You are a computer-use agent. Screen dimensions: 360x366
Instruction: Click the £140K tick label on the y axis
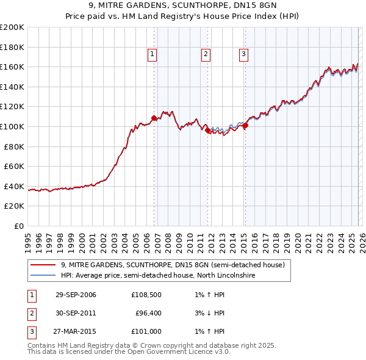point(12,87)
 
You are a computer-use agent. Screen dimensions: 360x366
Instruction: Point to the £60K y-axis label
point(14,166)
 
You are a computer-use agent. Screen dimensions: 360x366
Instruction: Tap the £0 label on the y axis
point(19,226)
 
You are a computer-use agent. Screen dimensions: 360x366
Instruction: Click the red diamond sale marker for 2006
point(154,118)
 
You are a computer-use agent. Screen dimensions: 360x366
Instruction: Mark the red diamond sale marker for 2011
point(208,130)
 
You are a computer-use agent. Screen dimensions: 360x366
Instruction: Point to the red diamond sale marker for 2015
point(245,126)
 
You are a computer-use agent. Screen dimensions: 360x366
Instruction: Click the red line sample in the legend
point(43,265)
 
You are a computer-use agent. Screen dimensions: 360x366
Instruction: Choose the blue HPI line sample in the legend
point(43,275)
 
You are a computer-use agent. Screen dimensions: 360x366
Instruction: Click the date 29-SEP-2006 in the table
point(76,295)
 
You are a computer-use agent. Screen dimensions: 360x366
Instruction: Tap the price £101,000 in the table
point(146,331)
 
